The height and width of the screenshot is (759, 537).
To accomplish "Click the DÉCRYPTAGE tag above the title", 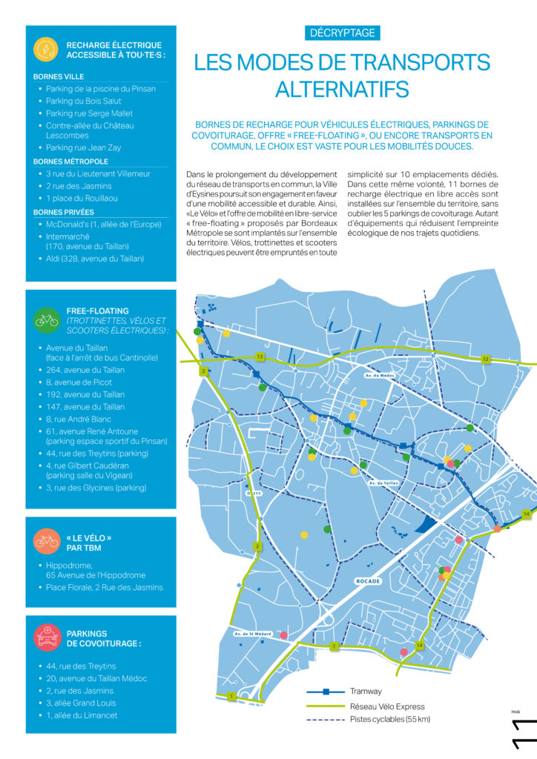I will [342, 33].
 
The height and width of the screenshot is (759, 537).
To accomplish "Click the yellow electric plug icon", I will [46, 49].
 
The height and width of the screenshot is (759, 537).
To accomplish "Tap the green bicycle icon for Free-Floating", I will [46, 321].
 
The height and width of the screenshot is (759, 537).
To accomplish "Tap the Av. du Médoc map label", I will [380, 376].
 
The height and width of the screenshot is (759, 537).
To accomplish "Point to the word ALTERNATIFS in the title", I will [342, 90].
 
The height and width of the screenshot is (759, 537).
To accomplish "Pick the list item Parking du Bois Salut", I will [83, 101].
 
